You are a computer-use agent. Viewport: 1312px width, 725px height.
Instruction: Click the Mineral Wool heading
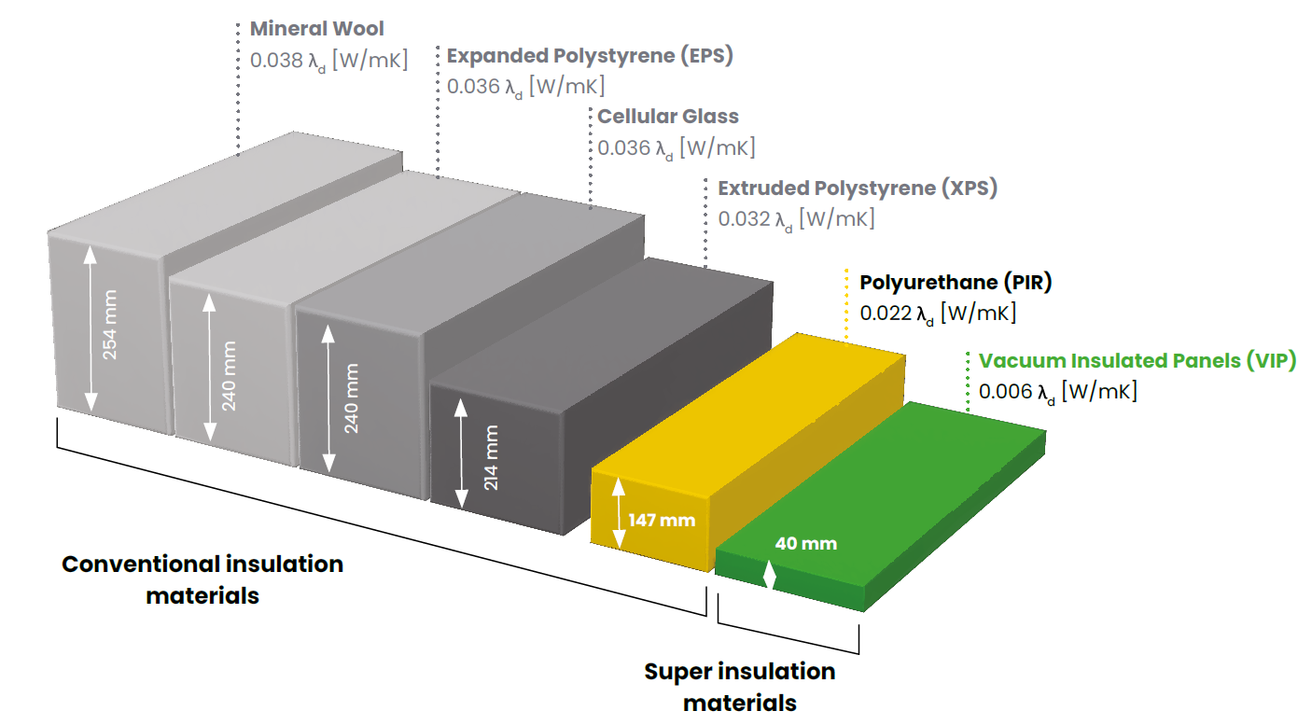pyautogui.click(x=317, y=29)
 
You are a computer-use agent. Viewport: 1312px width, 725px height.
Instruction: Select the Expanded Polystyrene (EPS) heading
pyautogui.click(x=590, y=56)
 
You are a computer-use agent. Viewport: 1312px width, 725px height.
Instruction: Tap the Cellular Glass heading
pyautogui.click(x=668, y=117)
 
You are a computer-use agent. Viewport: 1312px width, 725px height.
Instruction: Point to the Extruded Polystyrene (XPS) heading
pyautogui.click(x=858, y=188)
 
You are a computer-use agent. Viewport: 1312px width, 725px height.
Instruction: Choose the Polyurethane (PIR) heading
pyautogui.click(x=956, y=283)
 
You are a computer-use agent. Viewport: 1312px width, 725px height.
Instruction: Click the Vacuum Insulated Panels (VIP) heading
pyautogui.click(x=1138, y=361)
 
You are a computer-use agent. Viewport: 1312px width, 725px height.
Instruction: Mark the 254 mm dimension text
pyautogui.click(x=109, y=325)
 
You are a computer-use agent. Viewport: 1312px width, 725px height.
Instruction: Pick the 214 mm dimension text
pyautogui.click(x=491, y=458)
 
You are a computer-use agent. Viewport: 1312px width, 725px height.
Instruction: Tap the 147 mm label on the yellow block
pyautogui.click(x=662, y=520)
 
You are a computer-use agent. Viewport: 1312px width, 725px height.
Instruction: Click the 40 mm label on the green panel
pyautogui.click(x=806, y=543)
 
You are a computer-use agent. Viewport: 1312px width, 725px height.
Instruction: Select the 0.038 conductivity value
pyautogui.click(x=276, y=60)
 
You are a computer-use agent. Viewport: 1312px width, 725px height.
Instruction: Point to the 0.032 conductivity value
pyautogui.click(x=744, y=218)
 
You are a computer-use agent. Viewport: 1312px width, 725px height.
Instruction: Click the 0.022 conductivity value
pyautogui.click(x=886, y=314)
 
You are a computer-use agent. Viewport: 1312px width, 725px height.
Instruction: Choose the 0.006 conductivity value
pyautogui.click(x=1005, y=391)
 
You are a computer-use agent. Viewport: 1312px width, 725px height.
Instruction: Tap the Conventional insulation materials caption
pyautogui.click(x=202, y=579)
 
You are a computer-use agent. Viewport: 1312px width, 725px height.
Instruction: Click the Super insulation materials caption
pyautogui.click(x=740, y=687)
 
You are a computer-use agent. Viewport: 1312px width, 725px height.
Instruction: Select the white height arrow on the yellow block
pyautogui.click(x=619, y=513)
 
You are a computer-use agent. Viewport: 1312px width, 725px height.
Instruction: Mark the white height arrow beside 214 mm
pyautogui.click(x=462, y=453)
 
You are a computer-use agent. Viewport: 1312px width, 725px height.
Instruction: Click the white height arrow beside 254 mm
pyautogui.click(x=91, y=328)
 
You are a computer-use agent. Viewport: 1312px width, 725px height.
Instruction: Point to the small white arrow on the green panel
pyautogui.click(x=770, y=575)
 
